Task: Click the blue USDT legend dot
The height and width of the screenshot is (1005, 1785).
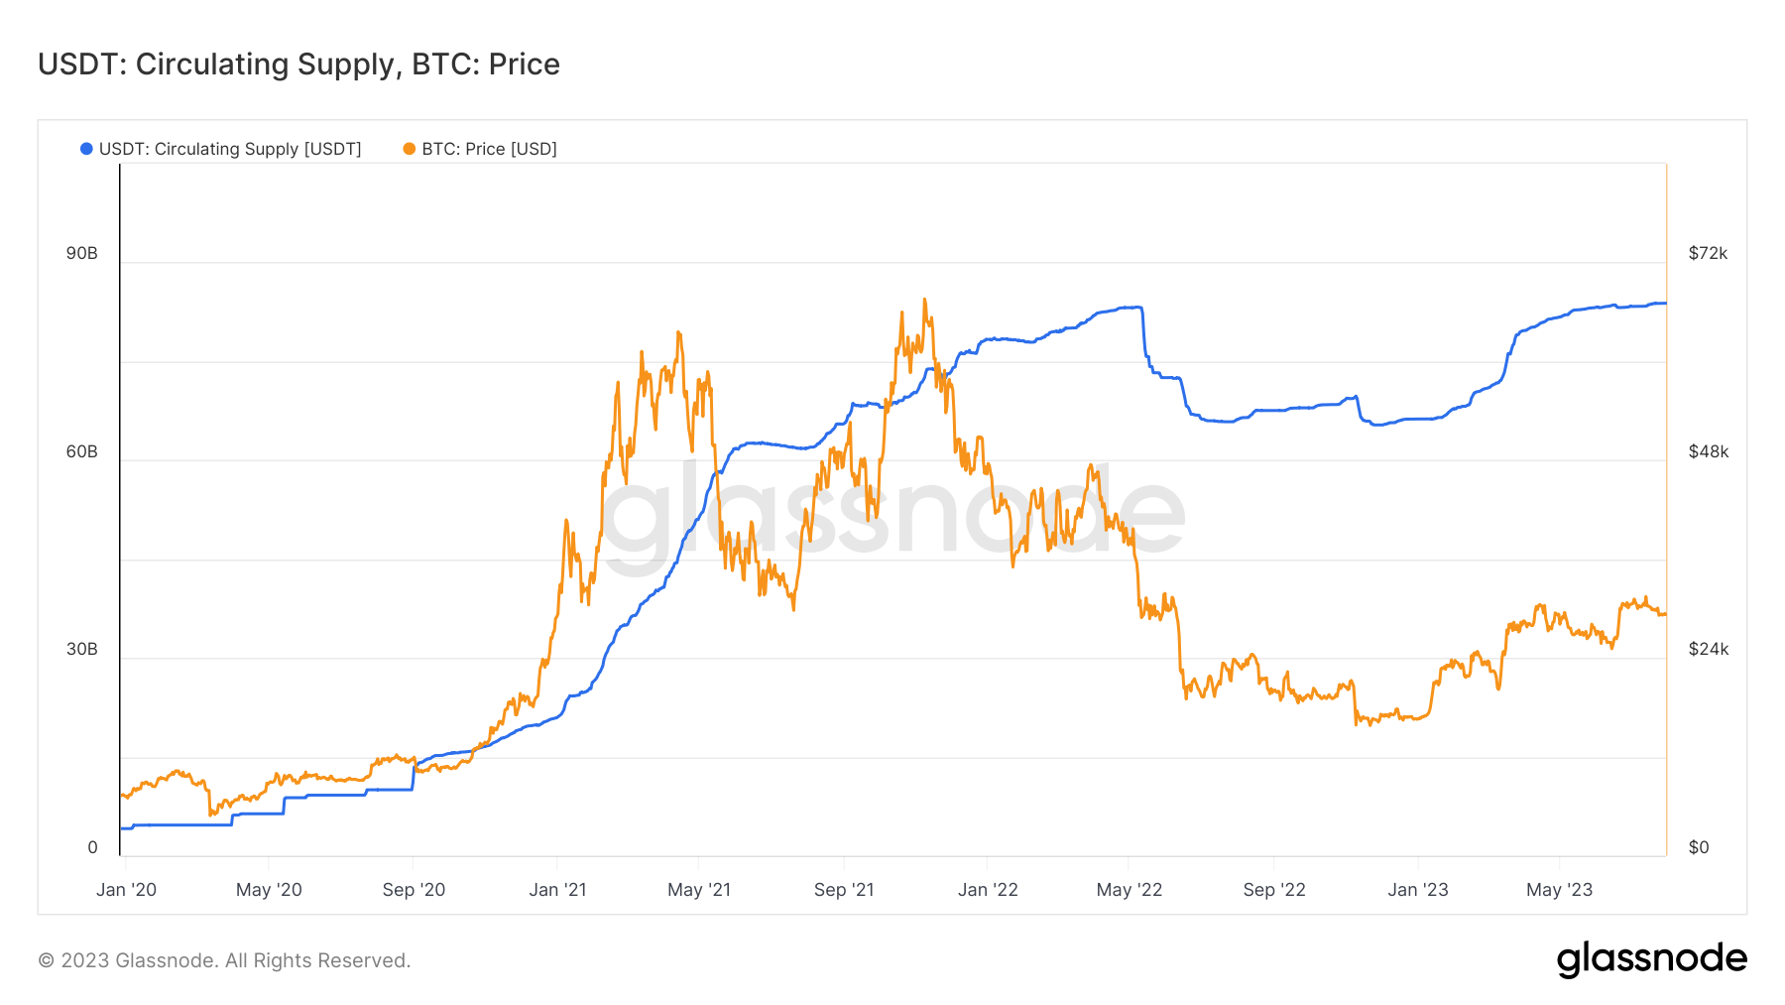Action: [86, 149]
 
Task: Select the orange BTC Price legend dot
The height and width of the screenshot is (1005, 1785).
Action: [409, 149]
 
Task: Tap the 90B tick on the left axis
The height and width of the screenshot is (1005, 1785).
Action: [82, 253]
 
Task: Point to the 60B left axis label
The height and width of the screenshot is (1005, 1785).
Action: [82, 451]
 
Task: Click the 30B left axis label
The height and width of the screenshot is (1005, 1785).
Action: [82, 649]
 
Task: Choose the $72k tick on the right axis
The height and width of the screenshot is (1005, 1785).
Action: [1708, 253]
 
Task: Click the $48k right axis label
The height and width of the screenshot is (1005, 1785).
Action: [1708, 451]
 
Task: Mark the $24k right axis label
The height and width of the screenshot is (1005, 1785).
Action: [1708, 649]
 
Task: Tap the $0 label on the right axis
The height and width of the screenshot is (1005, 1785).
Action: [1699, 847]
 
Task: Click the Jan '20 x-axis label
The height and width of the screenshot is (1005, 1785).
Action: [126, 890]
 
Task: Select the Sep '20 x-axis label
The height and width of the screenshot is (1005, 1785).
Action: [414, 890]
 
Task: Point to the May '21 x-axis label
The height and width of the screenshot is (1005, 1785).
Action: [699, 890]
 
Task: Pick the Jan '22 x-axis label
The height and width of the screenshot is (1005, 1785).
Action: [988, 890]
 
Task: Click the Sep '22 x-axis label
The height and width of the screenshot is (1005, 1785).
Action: [1274, 890]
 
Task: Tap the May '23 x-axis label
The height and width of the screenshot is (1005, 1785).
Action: [1559, 890]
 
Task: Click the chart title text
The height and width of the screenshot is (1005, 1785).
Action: [298, 64]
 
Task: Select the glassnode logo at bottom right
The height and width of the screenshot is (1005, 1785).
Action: [1651, 959]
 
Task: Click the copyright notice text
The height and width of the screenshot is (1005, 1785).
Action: [224, 960]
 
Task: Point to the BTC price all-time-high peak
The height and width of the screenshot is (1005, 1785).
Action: [924, 300]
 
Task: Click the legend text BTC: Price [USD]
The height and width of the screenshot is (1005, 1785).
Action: [489, 149]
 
